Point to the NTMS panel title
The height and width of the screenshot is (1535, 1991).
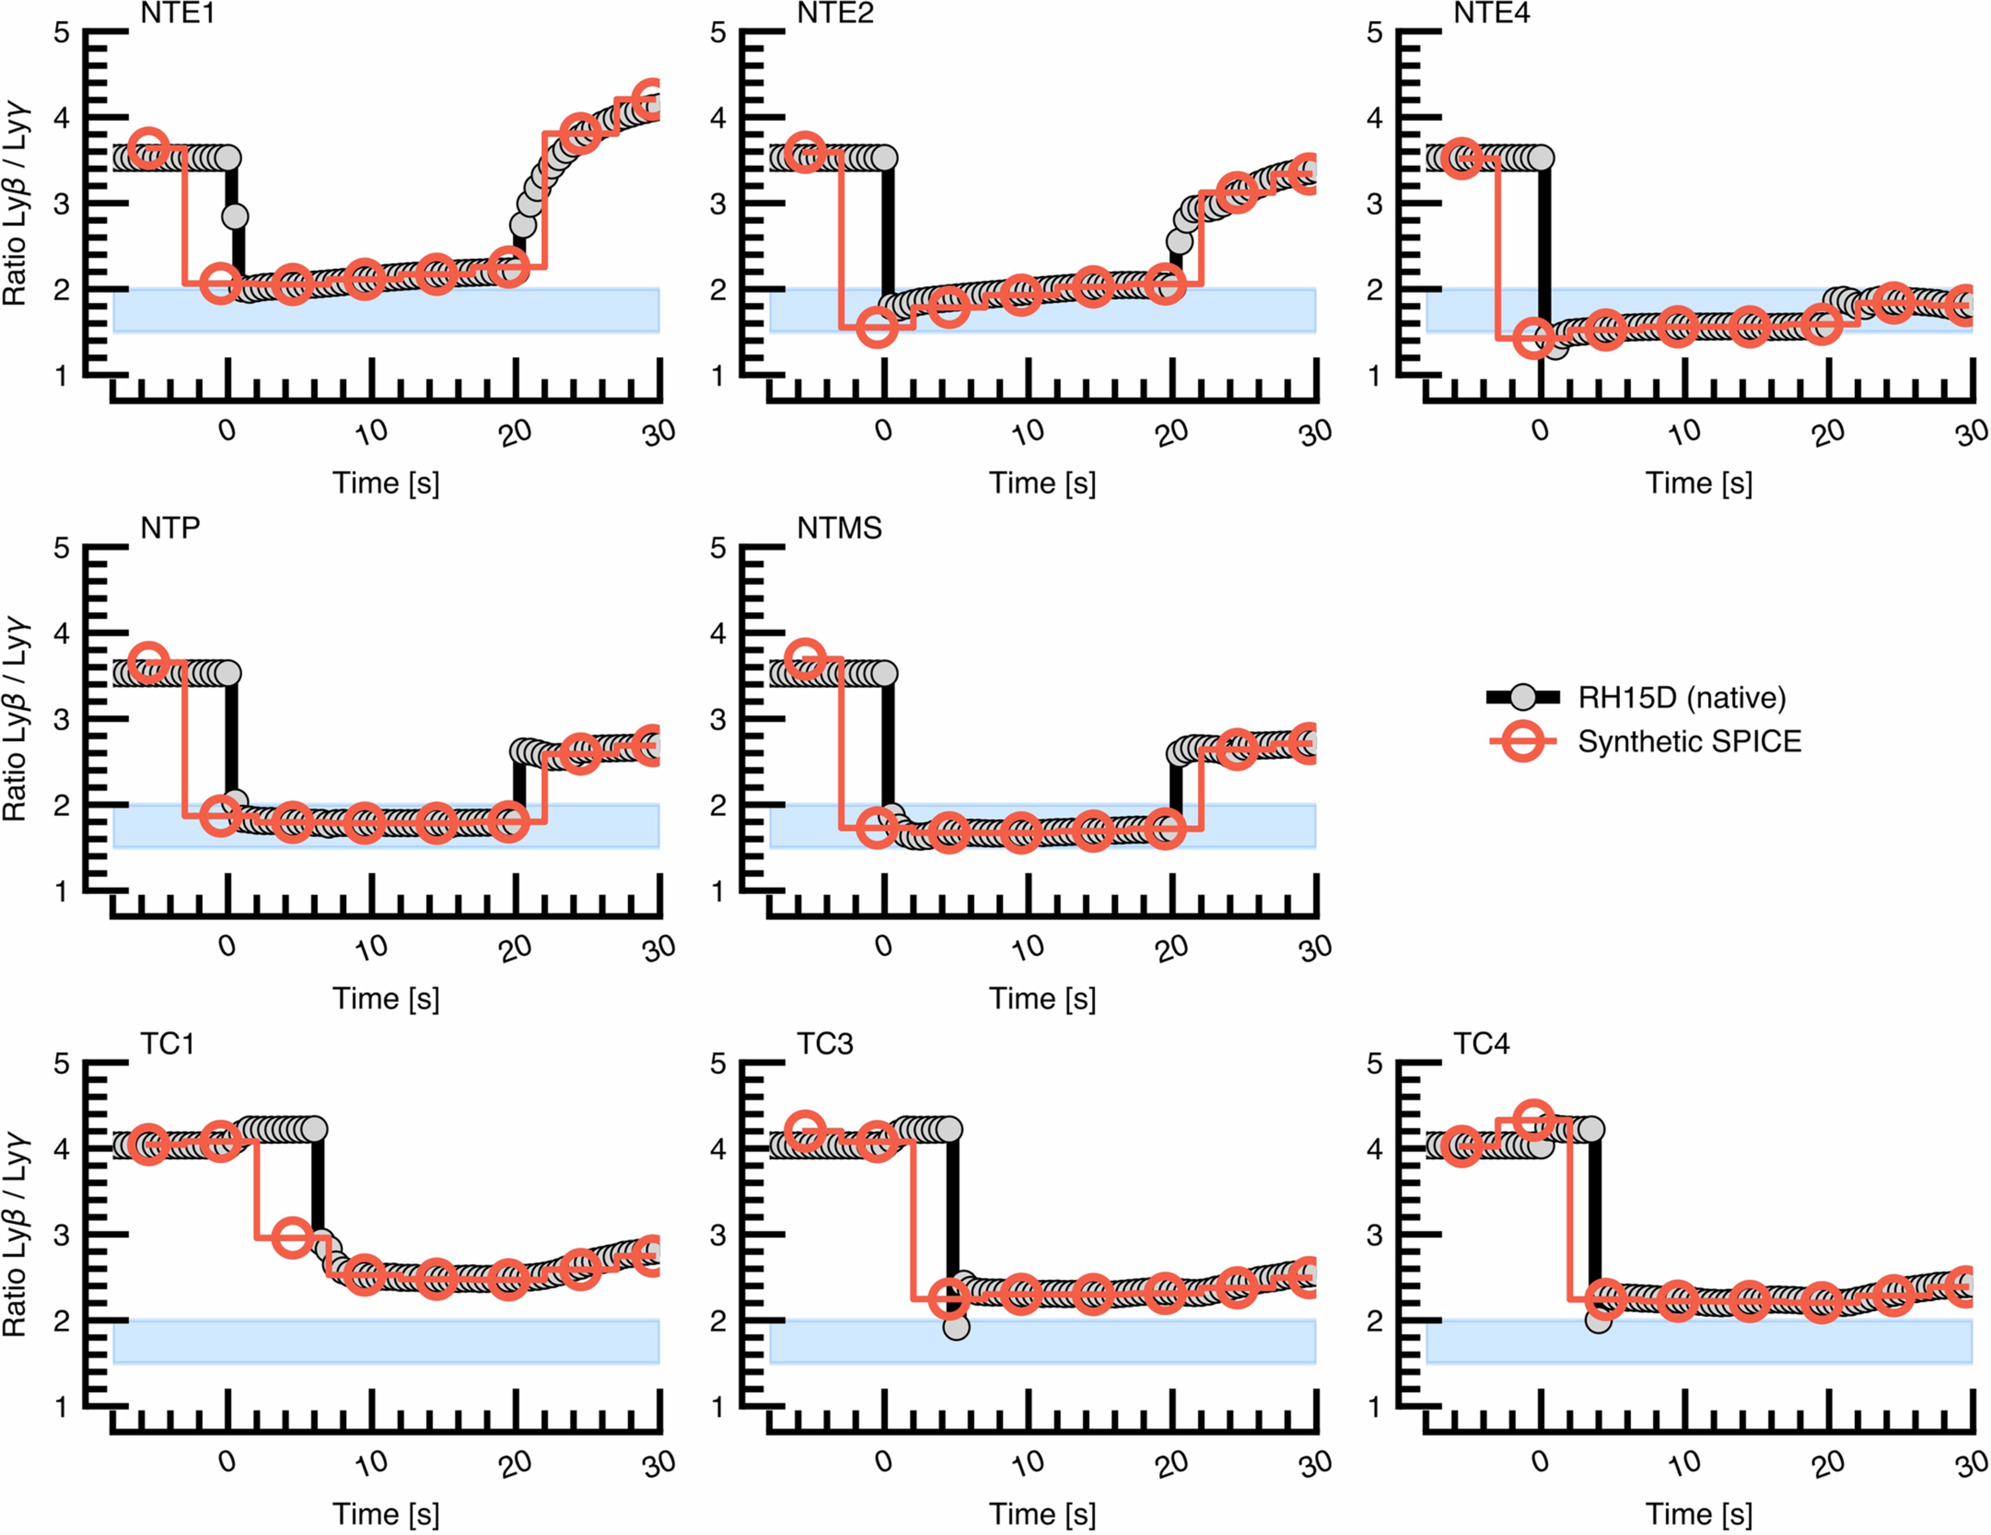point(839,529)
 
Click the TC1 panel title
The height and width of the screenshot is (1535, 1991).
point(168,1044)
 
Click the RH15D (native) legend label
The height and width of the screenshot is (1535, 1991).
point(1682,698)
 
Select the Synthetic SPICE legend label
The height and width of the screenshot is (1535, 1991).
point(1689,742)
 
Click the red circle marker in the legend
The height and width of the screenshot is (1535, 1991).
point(1523,742)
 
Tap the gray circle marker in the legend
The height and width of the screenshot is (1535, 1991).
point(1523,698)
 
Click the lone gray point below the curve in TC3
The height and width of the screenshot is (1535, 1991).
point(955,1327)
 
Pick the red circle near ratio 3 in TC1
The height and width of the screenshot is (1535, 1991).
point(292,1237)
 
